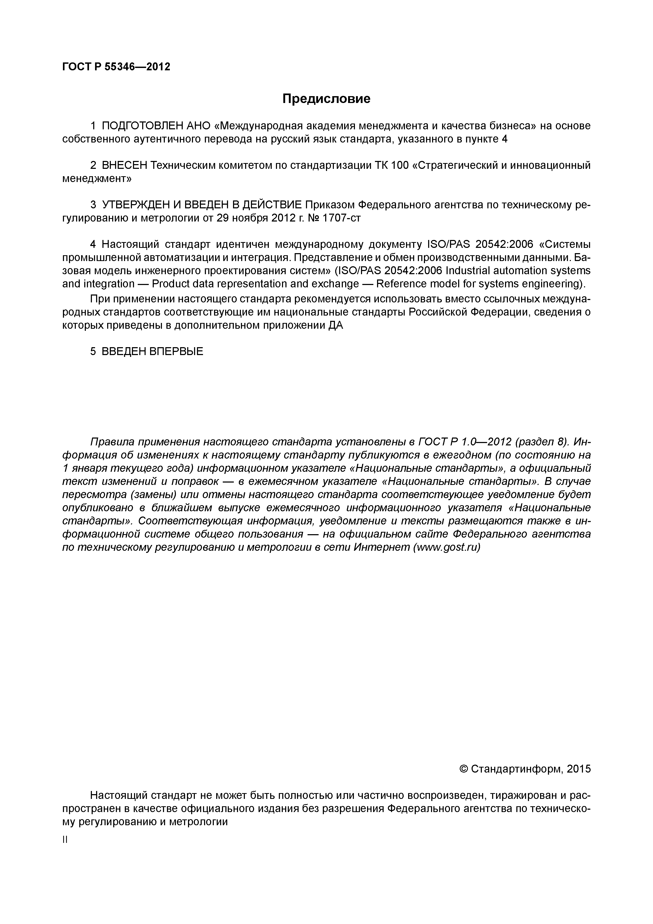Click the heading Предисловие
pos(326,99)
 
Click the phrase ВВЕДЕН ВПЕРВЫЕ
pos(152,351)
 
